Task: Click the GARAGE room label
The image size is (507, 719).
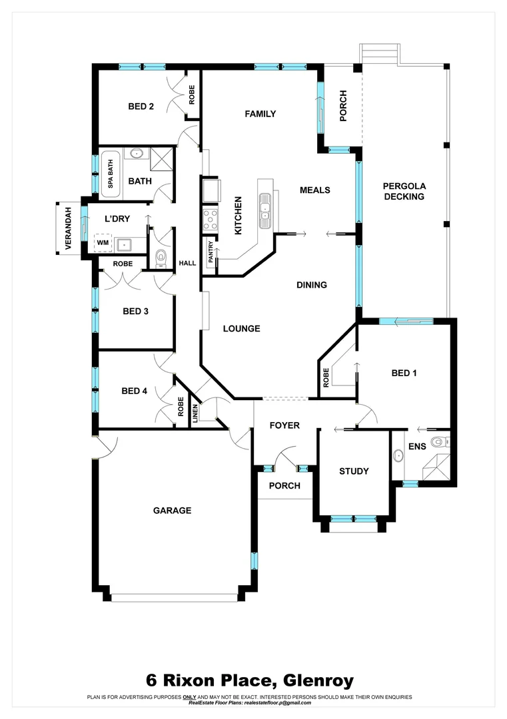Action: click(x=172, y=511)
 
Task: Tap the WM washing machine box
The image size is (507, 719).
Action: click(x=103, y=244)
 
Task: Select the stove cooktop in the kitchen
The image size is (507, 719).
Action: click(x=211, y=218)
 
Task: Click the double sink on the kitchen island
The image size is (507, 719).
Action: click(x=265, y=206)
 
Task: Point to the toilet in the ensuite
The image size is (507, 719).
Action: click(x=437, y=442)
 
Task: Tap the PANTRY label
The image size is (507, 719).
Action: click(x=211, y=254)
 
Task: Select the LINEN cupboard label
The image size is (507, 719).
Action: click(x=195, y=413)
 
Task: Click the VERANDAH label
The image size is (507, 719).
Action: click(x=67, y=228)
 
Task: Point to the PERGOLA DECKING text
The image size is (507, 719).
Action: click(x=404, y=191)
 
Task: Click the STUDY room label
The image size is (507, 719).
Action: click(x=354, y=471)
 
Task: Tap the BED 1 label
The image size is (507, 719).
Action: click(x=404, y=373)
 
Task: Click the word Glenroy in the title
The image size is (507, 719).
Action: click(x=318, y=680)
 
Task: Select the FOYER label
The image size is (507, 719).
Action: click(x=284, y=425)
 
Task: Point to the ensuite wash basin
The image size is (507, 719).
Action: click(x=398, y=456)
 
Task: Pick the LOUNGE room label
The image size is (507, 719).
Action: click(x=241, y=328)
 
